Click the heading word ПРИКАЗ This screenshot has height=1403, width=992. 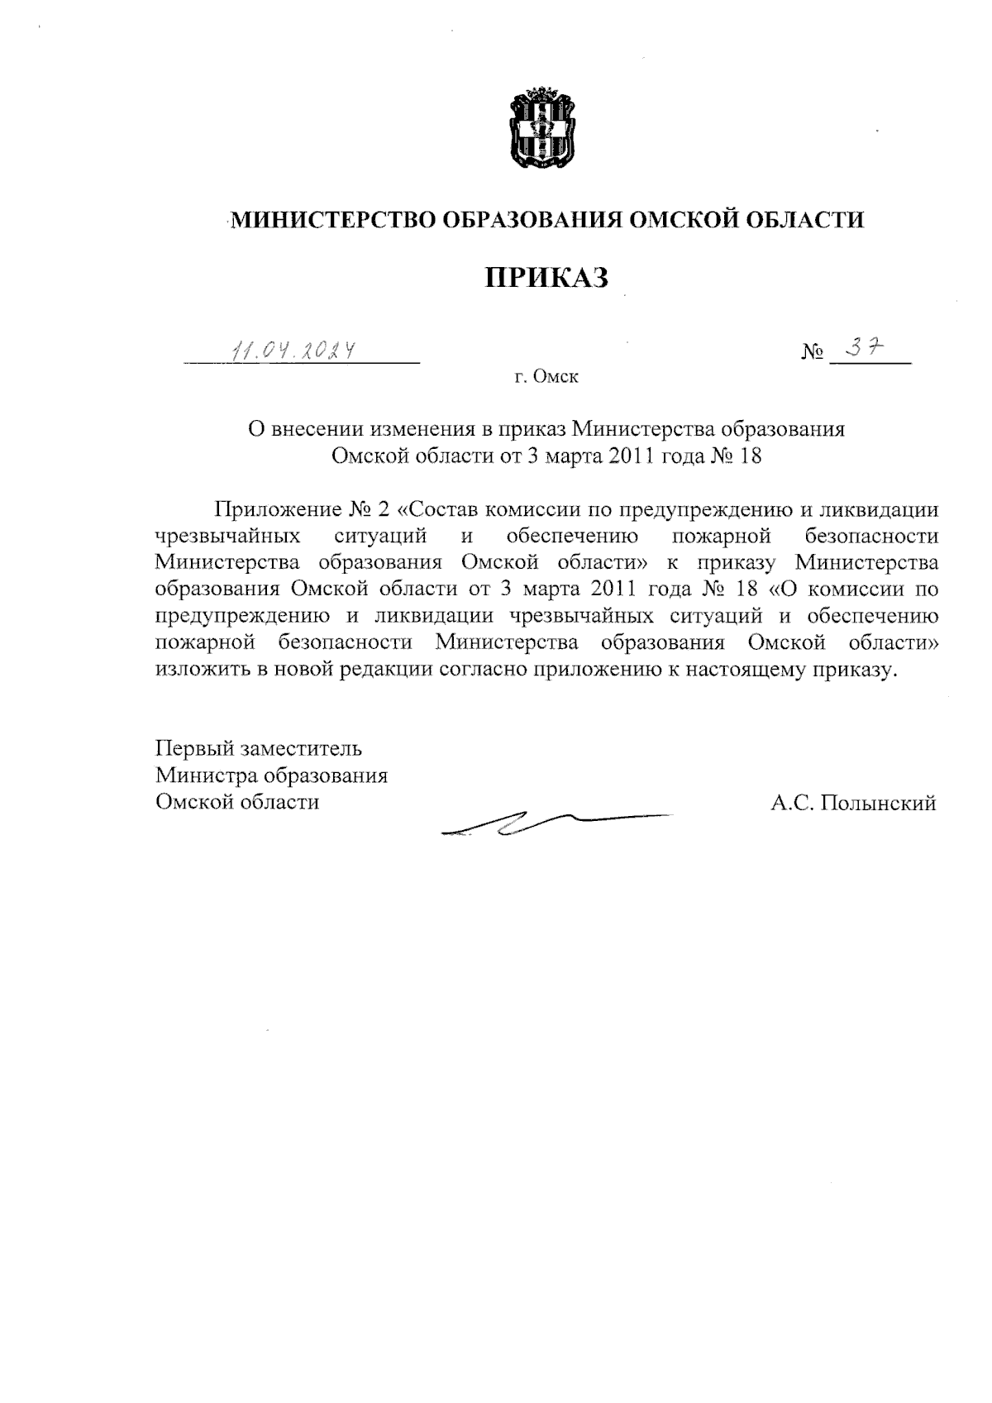[x=546, y=278]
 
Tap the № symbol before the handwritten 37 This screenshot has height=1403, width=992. [x=813, y=354]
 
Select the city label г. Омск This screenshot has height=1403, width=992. [x=546, y=378]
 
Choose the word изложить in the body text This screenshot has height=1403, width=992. [x=201, y=670]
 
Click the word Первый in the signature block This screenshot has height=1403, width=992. [x=195, y=749]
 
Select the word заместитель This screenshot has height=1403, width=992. [x=301, y=749]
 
